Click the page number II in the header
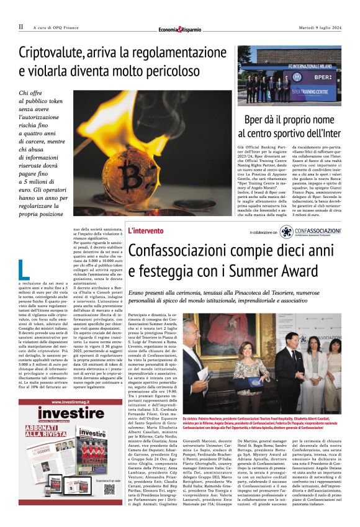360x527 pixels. [x=21, y=27]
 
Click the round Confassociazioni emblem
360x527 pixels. [x=287, y=232]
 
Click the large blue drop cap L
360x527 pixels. [x=24, y=269]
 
